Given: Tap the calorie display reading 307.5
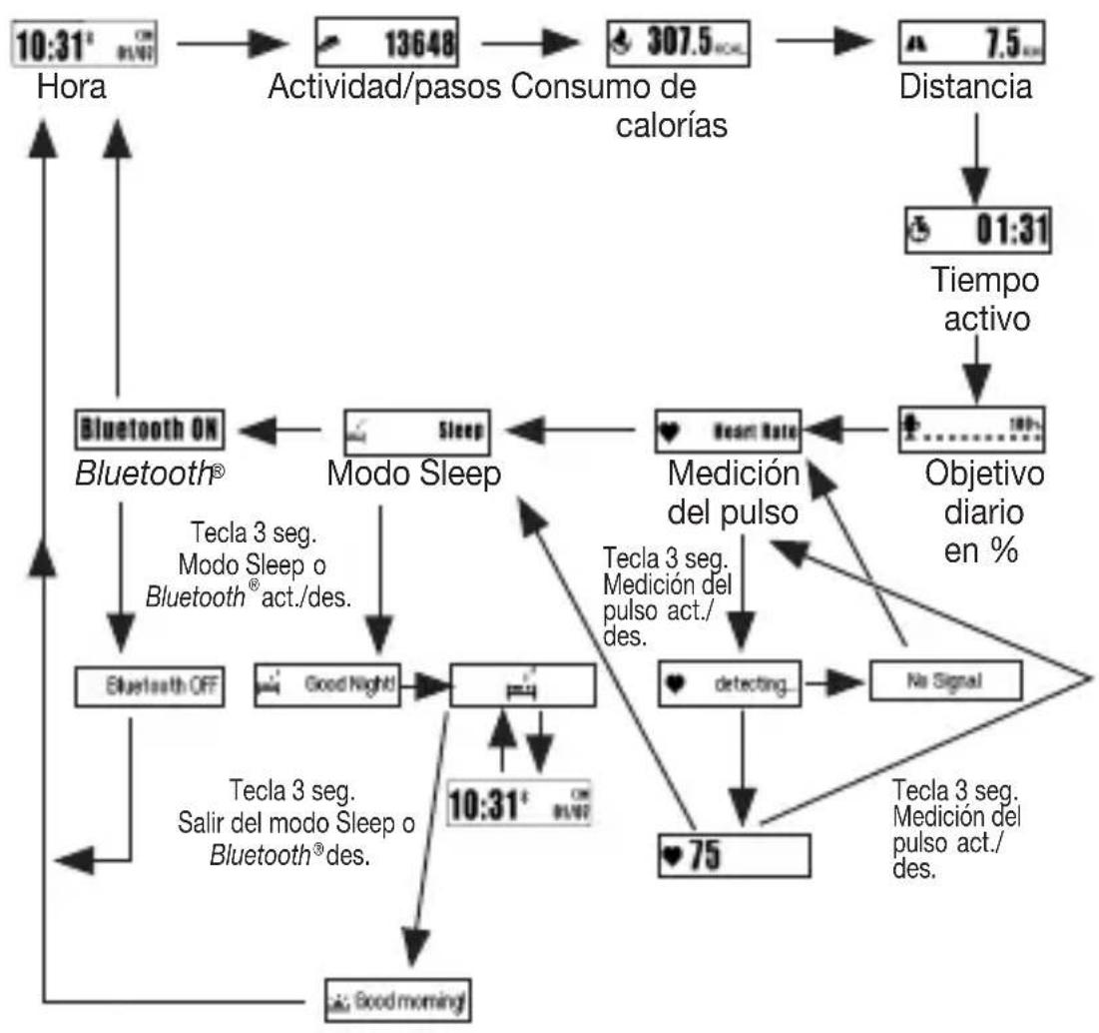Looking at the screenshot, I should (678, 45).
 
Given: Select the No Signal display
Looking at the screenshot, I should (944, 679).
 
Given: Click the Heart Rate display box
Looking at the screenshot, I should (731, 431).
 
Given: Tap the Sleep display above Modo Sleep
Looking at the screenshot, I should (414, 431).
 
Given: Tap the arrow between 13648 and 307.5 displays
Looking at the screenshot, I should (530, 45).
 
